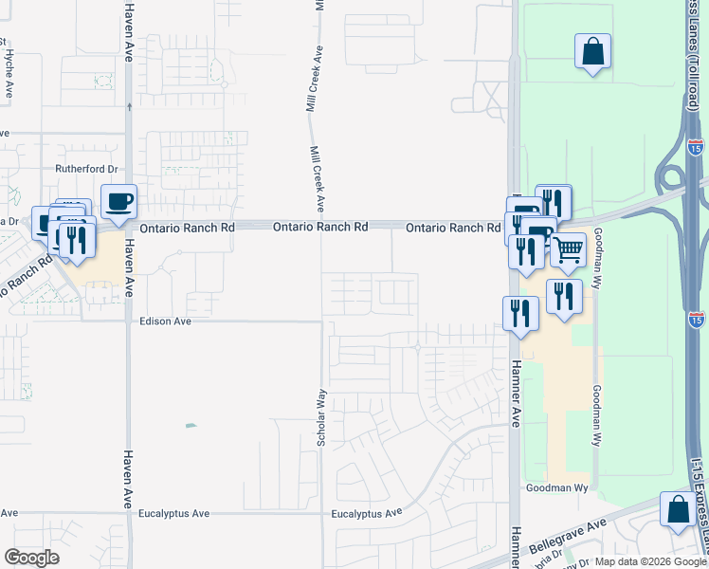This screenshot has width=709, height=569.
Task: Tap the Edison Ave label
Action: [166, 321]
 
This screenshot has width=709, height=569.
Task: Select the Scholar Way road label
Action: [322, 418]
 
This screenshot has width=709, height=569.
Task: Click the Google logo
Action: [31, 558]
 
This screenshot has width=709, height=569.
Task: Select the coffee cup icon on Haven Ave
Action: [118, 202]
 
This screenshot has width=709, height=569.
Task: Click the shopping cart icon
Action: [568, 250]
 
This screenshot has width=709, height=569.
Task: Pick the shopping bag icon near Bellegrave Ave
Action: [679, 510]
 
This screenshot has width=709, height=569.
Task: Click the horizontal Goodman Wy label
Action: [558, 488]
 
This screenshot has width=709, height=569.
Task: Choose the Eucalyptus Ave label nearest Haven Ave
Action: [173, 514]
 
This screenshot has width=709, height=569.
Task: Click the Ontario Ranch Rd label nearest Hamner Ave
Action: [453, 229]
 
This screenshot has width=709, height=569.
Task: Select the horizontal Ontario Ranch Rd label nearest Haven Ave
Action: [187, 229]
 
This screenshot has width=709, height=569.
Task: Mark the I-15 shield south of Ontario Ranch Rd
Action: [698, 320]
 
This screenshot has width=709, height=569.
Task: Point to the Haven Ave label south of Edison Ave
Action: [128, 479]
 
